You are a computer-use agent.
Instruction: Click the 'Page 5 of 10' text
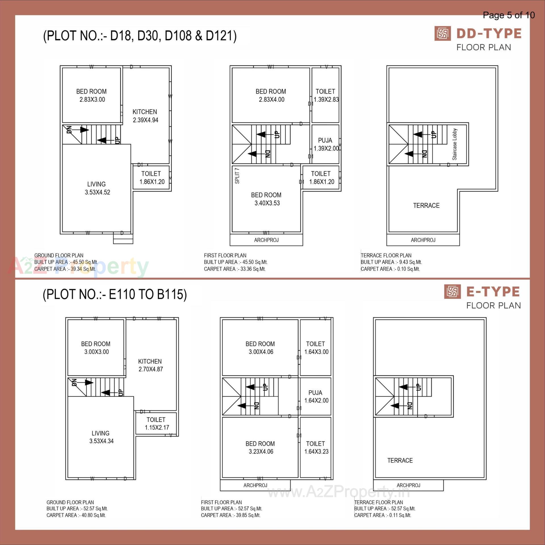pos(509,15)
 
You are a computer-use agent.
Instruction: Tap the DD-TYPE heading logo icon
pos(442,33)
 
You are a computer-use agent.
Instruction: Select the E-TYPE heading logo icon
pos(452,292)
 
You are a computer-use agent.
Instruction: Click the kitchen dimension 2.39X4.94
pos(145,120)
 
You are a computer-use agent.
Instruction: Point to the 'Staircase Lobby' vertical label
pos(455,144)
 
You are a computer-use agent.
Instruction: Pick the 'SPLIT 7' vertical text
pos(237,176)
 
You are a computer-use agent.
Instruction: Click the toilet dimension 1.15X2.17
pos(157,427)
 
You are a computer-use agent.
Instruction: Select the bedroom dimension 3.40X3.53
pos(267,203)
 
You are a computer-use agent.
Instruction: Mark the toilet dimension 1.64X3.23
pos(316,451)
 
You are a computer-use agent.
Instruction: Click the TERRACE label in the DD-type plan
pos(426,206)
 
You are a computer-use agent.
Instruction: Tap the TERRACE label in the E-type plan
pos(400,460)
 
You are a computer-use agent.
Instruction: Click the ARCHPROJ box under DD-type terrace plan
pos(423,240)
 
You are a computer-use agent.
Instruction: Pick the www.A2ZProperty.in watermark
pos(339,492)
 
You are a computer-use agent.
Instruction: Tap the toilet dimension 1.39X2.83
pos(326,100)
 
